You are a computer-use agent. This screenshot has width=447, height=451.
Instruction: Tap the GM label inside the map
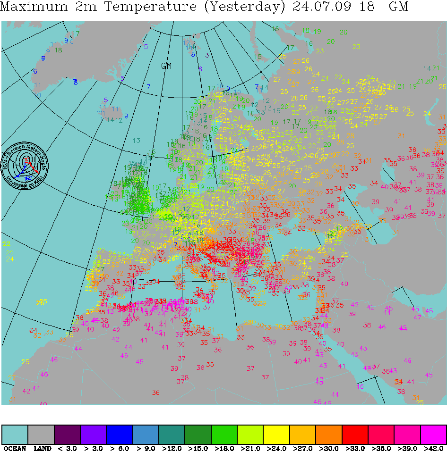click(x=166, y=66)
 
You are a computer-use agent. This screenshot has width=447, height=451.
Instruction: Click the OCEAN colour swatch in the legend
click(x=15, y=434)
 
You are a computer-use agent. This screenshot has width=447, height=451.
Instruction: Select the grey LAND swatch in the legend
click(x=41, y=434)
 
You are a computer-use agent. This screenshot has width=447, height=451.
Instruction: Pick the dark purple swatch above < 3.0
click(x=67, y=434)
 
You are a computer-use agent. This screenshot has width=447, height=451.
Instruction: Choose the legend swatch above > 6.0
click(x=120, y=434)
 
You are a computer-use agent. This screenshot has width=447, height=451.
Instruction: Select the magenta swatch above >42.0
click(x=433, y=434)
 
